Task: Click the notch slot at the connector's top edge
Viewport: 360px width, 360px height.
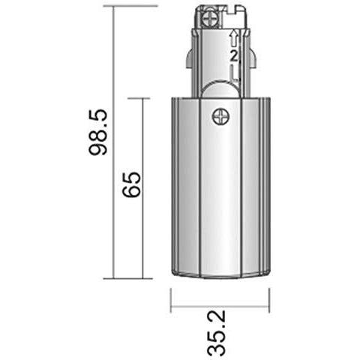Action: click(x=229, y=10)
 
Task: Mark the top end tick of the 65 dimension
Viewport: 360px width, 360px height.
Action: click(x=142, y=98)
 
